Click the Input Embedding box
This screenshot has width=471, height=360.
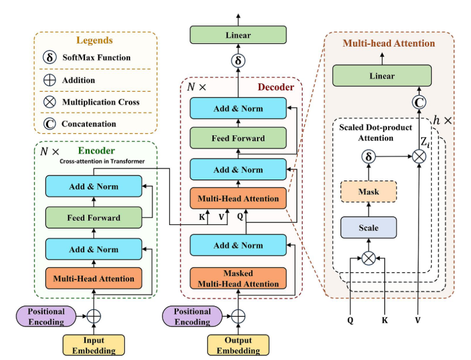point(93,345)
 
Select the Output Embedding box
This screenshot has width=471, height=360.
point(238,345)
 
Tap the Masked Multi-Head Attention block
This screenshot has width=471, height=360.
point(238,279)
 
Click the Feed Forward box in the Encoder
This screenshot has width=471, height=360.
point(93,218)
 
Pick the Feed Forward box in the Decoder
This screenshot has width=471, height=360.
point(238,138)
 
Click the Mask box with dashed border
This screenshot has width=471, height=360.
point(368,191)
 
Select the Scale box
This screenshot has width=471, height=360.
point(368,228)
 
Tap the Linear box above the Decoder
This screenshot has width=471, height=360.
point(238,35)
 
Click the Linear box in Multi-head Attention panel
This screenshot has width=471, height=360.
point(382,76)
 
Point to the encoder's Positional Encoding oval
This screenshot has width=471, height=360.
point(46,316)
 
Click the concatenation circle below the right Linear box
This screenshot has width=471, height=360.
point(419,102)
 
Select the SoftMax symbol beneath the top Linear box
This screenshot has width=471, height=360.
point(238,61)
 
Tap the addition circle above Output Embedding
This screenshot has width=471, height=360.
point(238,316)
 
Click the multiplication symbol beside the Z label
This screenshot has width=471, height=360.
point(419,156)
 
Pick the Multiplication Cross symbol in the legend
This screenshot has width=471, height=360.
point(50,102)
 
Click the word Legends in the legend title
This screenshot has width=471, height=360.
point(95,41)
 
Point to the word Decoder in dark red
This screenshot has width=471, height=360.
point(275,88)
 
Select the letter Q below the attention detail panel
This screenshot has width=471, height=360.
point(351,321)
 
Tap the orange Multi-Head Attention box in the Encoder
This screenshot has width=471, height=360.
point(93,279)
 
